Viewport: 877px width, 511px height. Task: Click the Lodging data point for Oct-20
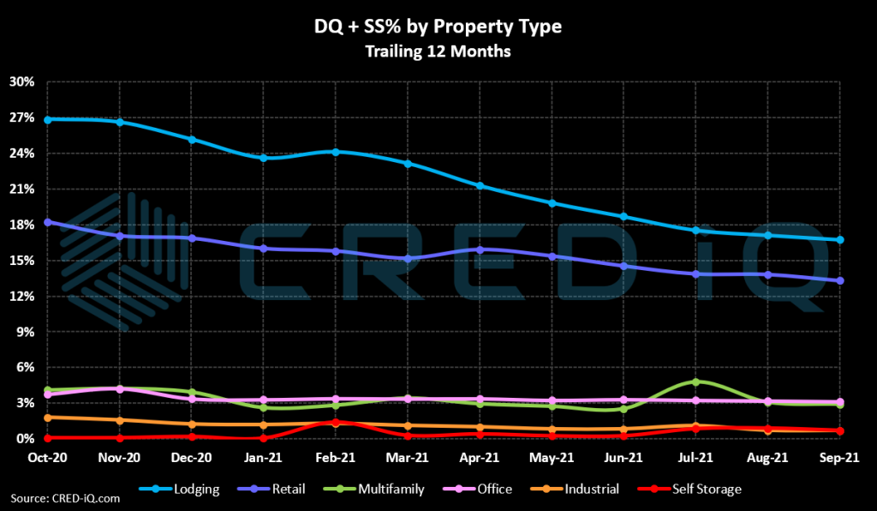48,119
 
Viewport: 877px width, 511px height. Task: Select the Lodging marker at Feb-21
336,152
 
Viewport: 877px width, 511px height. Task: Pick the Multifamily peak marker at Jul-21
696,382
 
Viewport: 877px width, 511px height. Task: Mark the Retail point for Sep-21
840,280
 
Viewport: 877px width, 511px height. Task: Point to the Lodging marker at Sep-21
840,240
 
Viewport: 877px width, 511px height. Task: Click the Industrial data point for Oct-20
48,418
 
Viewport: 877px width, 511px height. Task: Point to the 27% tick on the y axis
22,117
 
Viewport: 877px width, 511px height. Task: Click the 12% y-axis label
22,296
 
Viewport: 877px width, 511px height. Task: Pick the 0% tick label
26,438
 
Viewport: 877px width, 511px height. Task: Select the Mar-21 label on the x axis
408,460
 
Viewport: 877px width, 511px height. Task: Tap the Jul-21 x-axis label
696,460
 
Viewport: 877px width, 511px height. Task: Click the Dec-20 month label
192,460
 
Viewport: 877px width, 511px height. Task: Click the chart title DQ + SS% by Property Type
438,27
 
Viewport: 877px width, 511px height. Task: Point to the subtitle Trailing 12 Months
438,51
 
